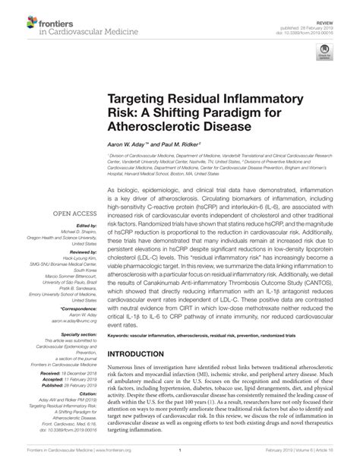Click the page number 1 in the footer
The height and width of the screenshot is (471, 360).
point(179,459)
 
